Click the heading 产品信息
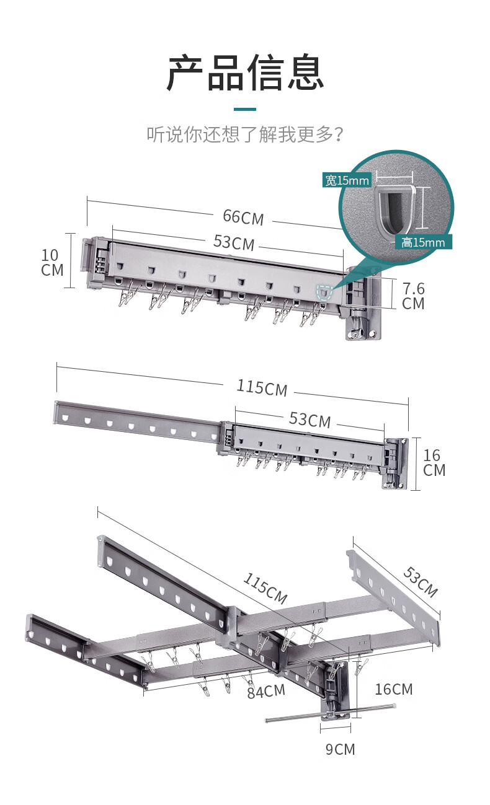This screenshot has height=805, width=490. click(x=245, y=73)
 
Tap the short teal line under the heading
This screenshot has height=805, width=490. click(x=245, y=109)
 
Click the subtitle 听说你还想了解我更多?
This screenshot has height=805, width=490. click(x=245, y=134)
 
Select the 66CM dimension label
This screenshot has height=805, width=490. click(x=243, y=218)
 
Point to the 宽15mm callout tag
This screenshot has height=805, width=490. click(x=347, y=180)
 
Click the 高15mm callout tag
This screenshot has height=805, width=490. click(x=423, y=242)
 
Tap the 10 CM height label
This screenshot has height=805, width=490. click(x=52, y=263)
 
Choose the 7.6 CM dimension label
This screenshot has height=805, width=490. click(x=413, y=296)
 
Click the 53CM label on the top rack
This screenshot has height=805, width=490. click(x=234, y=242)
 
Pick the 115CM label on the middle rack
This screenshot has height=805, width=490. click(x=262, y=388)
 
